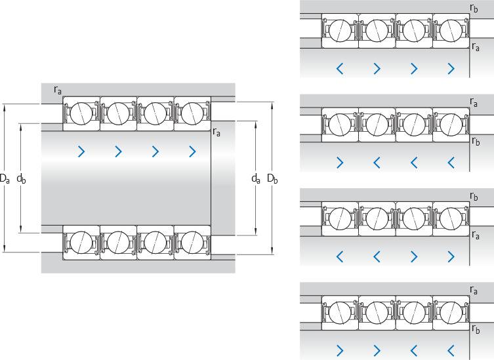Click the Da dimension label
tap(5, 178)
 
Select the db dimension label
tap(22, 178)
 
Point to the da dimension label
tap(255, 178)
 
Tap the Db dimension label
tap(272, 178)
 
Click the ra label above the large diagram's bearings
tap(58, 90)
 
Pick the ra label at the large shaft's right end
tap(216, 132)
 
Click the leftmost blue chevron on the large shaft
tap(81, 152)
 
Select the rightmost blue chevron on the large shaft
tap(192, 152)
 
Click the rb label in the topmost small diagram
tap(474, 9)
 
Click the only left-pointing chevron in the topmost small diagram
tap(340, 68)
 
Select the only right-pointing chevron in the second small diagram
tap(340, 162)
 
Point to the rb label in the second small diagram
tap(476, 140)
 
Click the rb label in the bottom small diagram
tap(476, 329)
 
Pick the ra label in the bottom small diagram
tap(474, 289)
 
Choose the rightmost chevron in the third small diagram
tap(451, 256)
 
